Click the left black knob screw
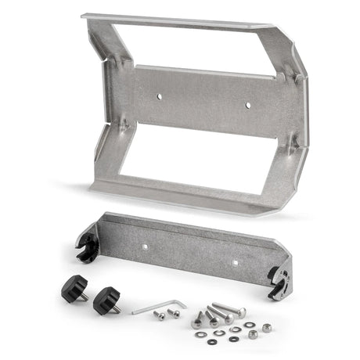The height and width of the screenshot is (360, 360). [x=74, y=290]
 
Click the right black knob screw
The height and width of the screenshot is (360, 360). [x=105, y=300]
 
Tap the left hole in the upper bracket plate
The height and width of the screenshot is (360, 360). [x=158, y=97]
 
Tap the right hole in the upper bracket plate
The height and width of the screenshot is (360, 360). [x=249, y=104]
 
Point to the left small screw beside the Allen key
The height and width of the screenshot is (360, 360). [x=160, y=315]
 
